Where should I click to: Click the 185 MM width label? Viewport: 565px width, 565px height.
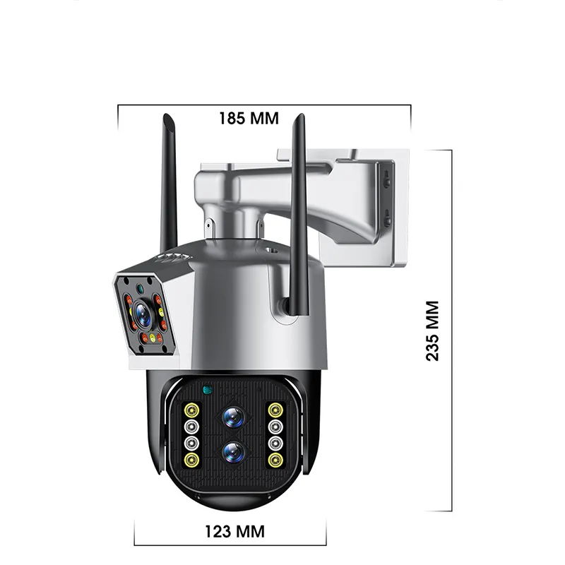tap(249, 118)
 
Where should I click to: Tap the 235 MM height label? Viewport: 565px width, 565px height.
tap(432, 331)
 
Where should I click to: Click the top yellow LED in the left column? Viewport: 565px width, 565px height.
tap(190, 410)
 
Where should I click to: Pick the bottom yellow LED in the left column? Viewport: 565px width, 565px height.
tap(190, 460)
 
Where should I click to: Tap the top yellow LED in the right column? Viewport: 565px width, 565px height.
tap(274, 410)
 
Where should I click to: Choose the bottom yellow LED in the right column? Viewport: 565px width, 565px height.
tap(274, 460)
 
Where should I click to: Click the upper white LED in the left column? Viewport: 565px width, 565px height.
tap(190, 427)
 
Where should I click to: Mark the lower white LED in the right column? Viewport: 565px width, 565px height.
tap(274, 444)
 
